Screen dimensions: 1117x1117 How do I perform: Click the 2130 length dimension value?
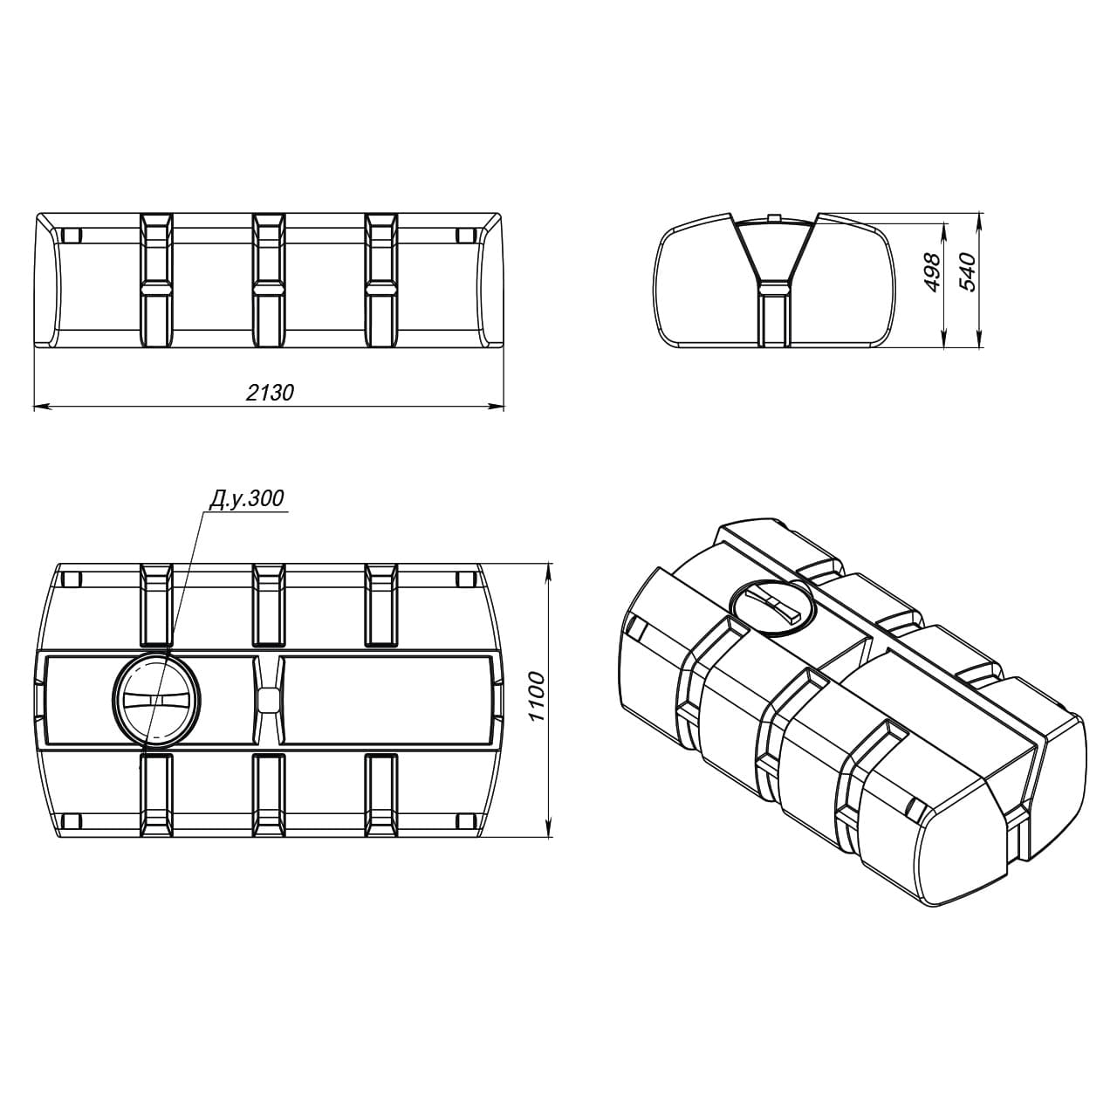click(271, 393)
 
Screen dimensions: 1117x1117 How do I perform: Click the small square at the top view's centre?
click(268, 700)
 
